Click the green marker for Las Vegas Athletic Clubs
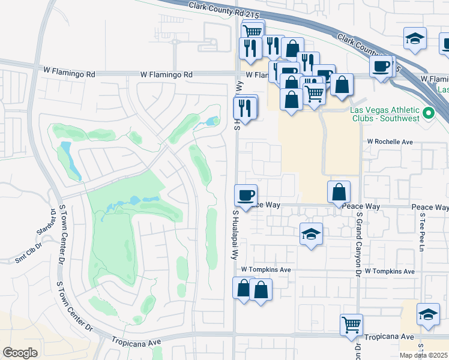pyautogui.click(x=429, y=113)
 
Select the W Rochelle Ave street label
pyautogui.click(x=390, y=142)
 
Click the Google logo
pyautogui.click(x=20, y=352)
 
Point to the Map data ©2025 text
pyautogui.click(x=423, y=355)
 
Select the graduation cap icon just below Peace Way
pyautogui.click(x=311, y=233)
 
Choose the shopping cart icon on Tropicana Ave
pyautogui.click(x=352, y=325)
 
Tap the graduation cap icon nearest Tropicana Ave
pyautogui.click(x=428, y=314)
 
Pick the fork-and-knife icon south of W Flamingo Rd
pyautogui.click(x=245, y=107)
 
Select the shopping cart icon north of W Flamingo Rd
pyautogui.click(x=253, y=31)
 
